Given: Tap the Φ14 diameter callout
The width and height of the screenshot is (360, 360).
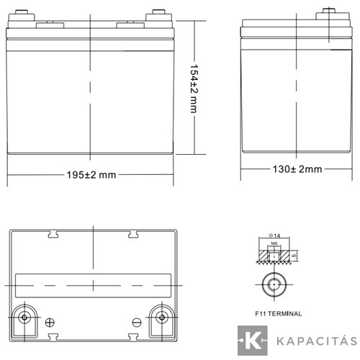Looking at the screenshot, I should coord(273,236).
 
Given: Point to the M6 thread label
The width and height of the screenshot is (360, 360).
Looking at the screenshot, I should coord(274,244).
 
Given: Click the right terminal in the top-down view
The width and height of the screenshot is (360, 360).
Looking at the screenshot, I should coord(163,318).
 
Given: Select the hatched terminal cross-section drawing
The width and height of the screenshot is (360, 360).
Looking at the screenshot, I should coord(274,254).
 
